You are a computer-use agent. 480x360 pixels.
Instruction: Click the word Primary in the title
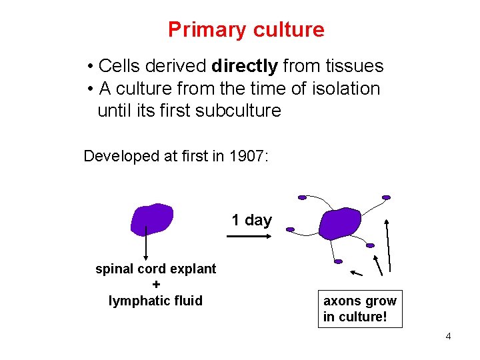[x=203, y=30]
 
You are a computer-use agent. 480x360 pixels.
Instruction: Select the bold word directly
[x=245, y=66]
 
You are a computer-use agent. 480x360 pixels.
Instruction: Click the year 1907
[x=245, y=157]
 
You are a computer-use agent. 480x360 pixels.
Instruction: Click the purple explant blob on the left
[x=152, y=219]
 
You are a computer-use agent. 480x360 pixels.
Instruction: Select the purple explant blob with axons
[x=339, y=224]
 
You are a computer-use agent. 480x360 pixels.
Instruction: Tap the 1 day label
[x=251, y=220]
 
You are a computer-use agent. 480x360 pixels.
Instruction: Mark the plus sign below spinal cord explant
[x=155, y=285]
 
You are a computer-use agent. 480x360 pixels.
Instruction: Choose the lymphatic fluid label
[x=155, y=301]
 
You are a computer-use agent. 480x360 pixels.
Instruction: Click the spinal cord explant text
[x=155, y=269]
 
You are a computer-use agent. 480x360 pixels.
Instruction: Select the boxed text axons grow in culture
[x=360, y=309]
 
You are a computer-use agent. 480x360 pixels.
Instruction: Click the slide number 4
[x=448, y=336]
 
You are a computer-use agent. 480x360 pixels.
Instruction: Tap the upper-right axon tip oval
[x=386, y=197]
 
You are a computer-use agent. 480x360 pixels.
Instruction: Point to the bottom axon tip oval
[x=338, y=261]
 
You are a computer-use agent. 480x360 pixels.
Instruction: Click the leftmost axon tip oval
[x=290, y=229]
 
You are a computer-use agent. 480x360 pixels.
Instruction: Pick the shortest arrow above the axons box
[x=357, y=273]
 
